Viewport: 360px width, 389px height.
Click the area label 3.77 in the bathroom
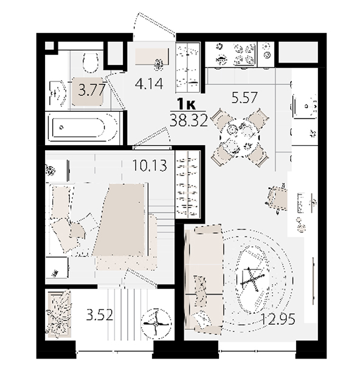coord(92,90)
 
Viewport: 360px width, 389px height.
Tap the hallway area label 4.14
coord(149,84)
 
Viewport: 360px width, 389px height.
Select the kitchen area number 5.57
coord(244,97)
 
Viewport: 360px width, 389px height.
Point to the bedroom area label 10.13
coord(150,165)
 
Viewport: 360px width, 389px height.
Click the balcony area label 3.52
coord(100,315)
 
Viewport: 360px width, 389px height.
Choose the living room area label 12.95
coord(279,318)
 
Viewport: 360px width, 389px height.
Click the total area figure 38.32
coord(189,121)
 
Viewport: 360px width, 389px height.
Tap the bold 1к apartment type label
coord(187,105)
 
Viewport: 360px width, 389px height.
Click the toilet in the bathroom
coord(90,62)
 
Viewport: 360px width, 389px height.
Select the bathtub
coord(83,128)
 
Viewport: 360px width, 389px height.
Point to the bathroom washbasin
coord(58,93)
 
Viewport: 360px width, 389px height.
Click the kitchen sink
coord(305,106)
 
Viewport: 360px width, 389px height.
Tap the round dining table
coord(240,138)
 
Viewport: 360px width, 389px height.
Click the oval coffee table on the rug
coord(253,280)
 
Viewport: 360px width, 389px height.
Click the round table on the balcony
coord(156,324)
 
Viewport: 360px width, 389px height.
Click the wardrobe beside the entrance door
coord(188,67)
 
